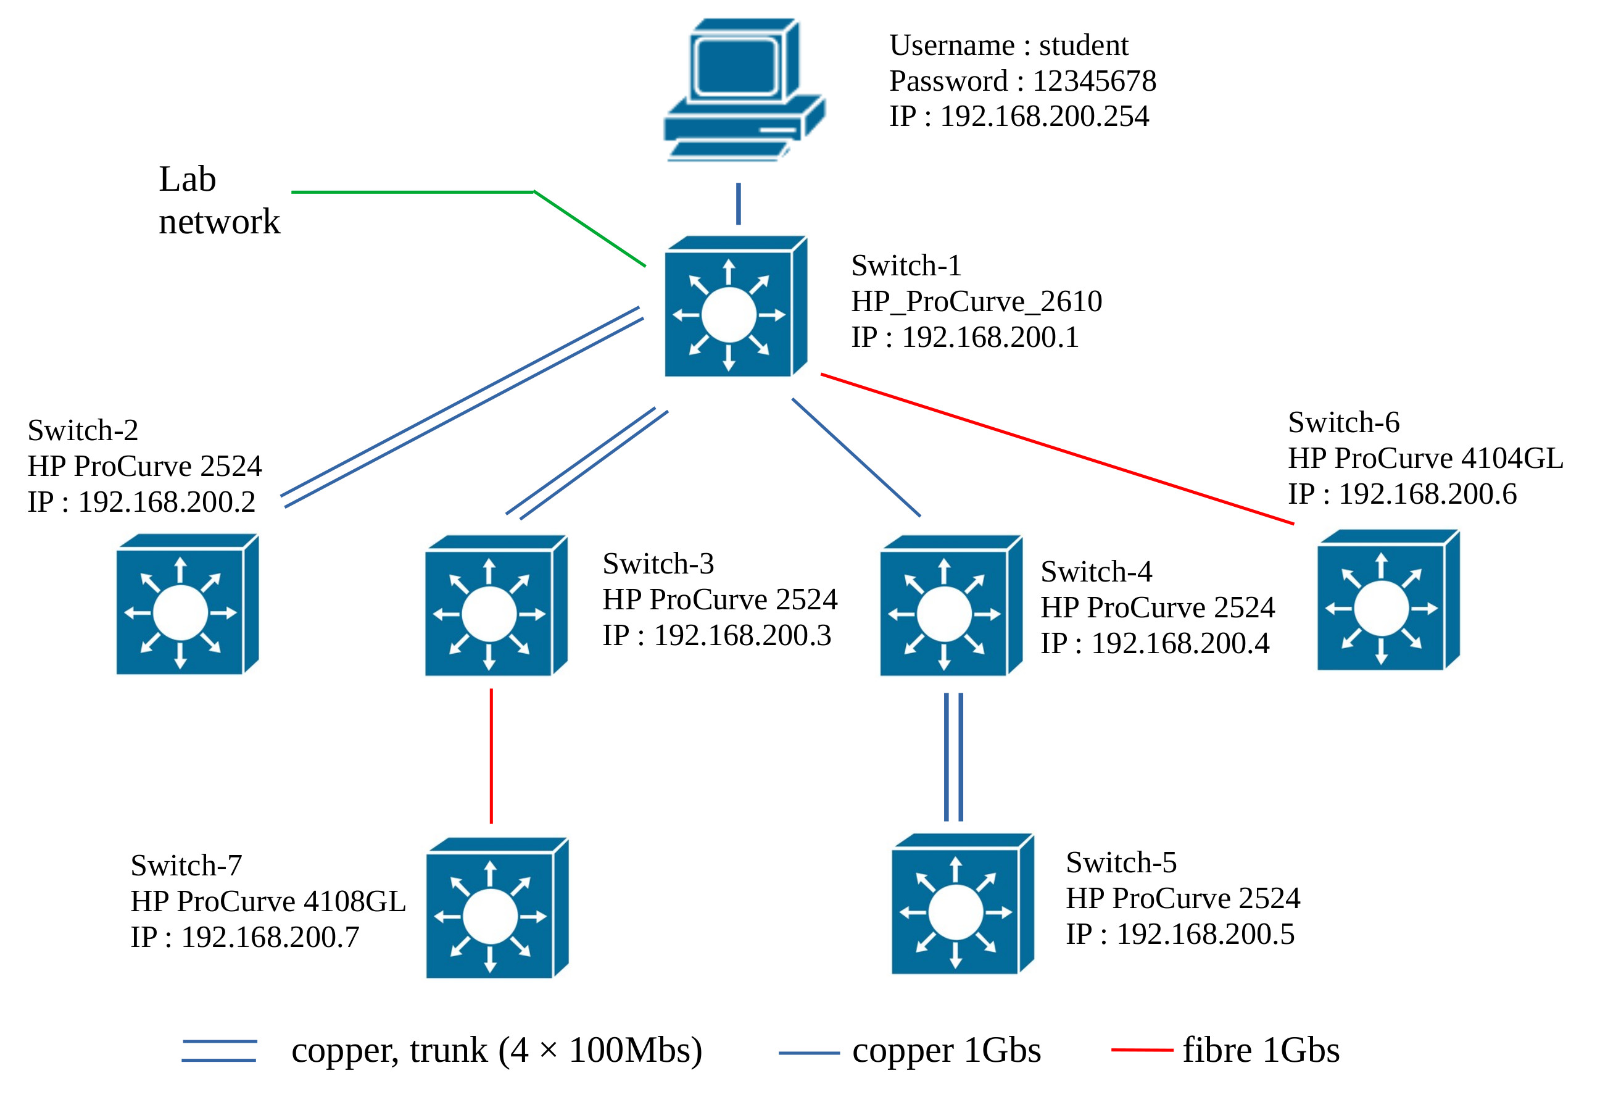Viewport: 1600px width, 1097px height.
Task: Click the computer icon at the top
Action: coord(744,90)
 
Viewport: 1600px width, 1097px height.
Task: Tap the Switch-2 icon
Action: coord(186,604)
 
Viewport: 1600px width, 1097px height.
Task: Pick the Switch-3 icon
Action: coord(495,606)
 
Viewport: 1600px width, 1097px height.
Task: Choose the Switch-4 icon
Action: coord(951,606)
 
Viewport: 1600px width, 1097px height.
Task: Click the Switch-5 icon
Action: coord(963,904)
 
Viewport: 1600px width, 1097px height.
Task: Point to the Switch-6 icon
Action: coord(1388,601)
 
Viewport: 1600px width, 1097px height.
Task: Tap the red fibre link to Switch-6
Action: coord(1057,449)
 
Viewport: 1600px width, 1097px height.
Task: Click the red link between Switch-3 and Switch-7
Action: coord(491,756)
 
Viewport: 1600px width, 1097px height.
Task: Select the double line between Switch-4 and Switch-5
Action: coord(953,757)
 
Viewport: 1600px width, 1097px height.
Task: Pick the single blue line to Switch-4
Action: coord(856,457)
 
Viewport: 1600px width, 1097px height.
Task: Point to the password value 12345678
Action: coord(1094,81)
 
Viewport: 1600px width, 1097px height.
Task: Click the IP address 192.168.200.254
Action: coord(1045,117)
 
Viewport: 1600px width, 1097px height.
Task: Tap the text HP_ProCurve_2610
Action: coord(976,302)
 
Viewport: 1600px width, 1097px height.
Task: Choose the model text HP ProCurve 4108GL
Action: coord(268,901)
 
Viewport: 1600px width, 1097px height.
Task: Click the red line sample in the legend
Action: coord(1142,1051)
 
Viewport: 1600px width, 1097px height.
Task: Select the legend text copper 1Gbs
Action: coord(947,1051)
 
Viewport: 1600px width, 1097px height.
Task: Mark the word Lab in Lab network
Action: coord(187,179)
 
